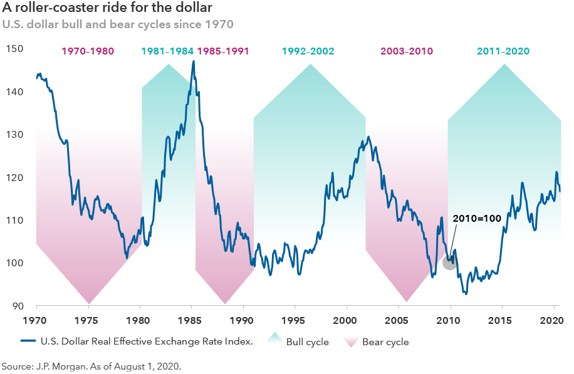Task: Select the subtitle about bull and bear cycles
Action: coord(118,25)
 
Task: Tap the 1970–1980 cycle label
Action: coord(88,51)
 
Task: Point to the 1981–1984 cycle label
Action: coord(167,51)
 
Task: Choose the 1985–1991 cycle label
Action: coord(223,51)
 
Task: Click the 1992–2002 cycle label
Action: coord(308,51)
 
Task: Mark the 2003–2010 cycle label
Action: coord(407,51)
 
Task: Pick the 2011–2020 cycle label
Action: coord(503,51)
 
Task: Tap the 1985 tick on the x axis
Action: coord(191,320)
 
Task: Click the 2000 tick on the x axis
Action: coord(345,320)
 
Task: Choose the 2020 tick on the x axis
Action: coord(551,320)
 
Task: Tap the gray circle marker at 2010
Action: coord(449,262)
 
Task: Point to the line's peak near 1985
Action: coord(193,61)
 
